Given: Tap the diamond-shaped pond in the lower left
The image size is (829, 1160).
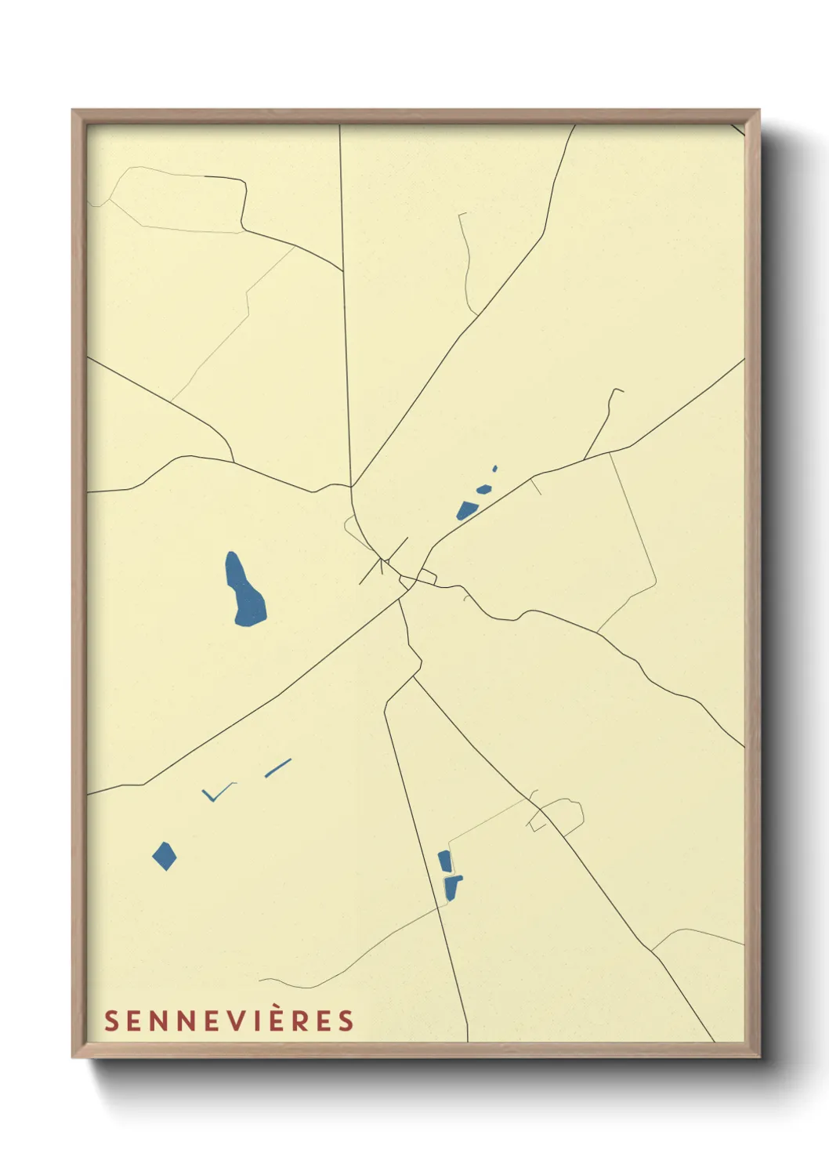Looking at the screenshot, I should [164, 856].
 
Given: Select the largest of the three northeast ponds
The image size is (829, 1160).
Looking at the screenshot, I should [466, 510].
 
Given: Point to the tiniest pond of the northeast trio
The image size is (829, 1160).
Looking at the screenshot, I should [494, 469].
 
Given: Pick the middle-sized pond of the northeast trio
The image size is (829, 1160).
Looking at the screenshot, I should [483, 489].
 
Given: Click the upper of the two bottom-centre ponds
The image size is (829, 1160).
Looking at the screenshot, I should [444, 861].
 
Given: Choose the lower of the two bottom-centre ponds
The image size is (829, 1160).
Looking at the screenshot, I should [451, 887].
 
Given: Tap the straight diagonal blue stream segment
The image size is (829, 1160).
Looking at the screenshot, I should [278, 768].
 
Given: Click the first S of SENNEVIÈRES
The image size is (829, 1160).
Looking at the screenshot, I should [111, 1021].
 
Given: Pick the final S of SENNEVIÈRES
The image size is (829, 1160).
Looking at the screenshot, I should [346, 1021].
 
